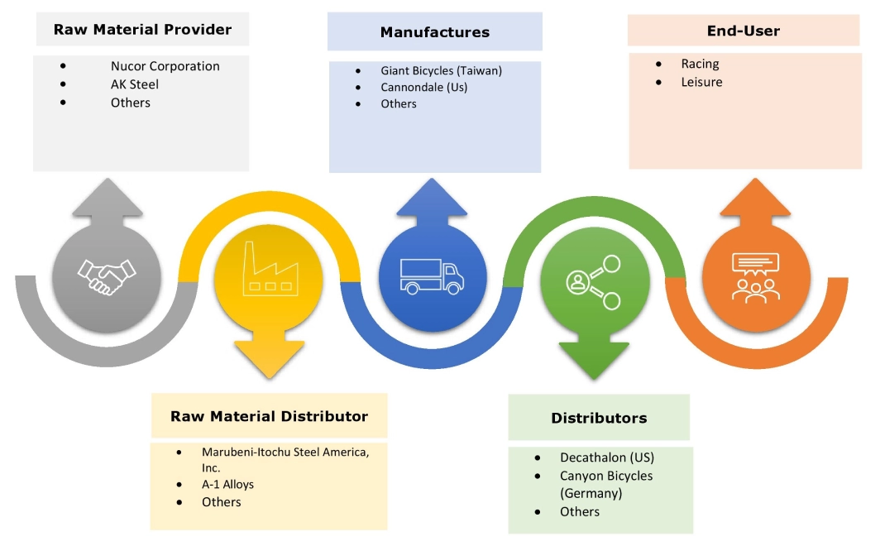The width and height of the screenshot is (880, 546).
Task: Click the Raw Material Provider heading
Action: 142,30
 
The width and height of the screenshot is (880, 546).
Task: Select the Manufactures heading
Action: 434,32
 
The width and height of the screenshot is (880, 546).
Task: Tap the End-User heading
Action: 743,31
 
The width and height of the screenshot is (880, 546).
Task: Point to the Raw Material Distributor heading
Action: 269,416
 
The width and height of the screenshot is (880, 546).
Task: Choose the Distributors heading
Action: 599,418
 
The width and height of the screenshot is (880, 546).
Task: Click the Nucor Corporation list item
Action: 165,66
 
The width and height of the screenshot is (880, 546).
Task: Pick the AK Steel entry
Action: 135,84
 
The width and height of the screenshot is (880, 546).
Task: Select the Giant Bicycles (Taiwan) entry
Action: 441,70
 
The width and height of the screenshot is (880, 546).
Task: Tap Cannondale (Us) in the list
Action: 424,87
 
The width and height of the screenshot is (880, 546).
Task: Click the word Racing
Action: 700,64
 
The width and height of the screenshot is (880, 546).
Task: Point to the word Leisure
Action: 701,82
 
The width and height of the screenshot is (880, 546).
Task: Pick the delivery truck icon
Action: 431,275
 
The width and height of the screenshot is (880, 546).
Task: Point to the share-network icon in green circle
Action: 592,281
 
